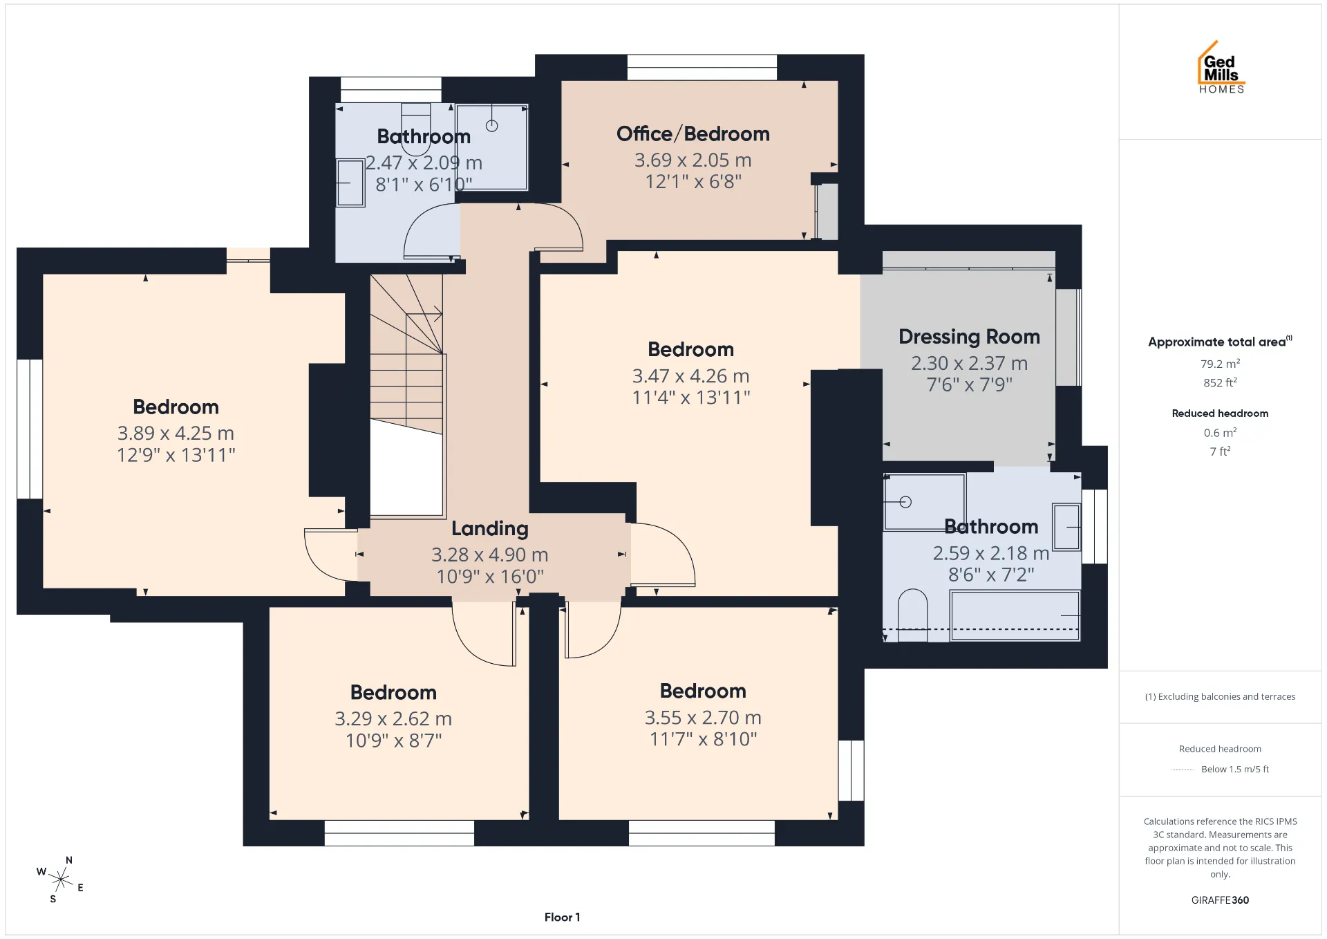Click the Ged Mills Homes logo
[1221, 67]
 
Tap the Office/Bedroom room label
[693, 133]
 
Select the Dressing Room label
[969, 337]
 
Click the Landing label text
[489, 529]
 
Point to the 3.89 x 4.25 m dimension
[176, 433]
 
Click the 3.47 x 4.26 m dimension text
[690, 375]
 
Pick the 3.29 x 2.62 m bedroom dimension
[393, 718]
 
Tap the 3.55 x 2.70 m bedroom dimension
[703, 717]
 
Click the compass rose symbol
[61, 880]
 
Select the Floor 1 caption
[562, 917]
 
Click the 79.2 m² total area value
[1220, 364]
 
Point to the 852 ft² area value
[1220, 382]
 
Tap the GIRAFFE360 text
[1220, 900]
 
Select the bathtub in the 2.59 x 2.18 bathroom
[1015, 615]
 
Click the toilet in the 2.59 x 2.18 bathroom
[912, 615]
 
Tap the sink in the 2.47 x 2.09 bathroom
[350, 183]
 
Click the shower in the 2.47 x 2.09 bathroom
[492, 147]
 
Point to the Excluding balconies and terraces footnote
[1220, 696]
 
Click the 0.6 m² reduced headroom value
[1220, 433]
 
